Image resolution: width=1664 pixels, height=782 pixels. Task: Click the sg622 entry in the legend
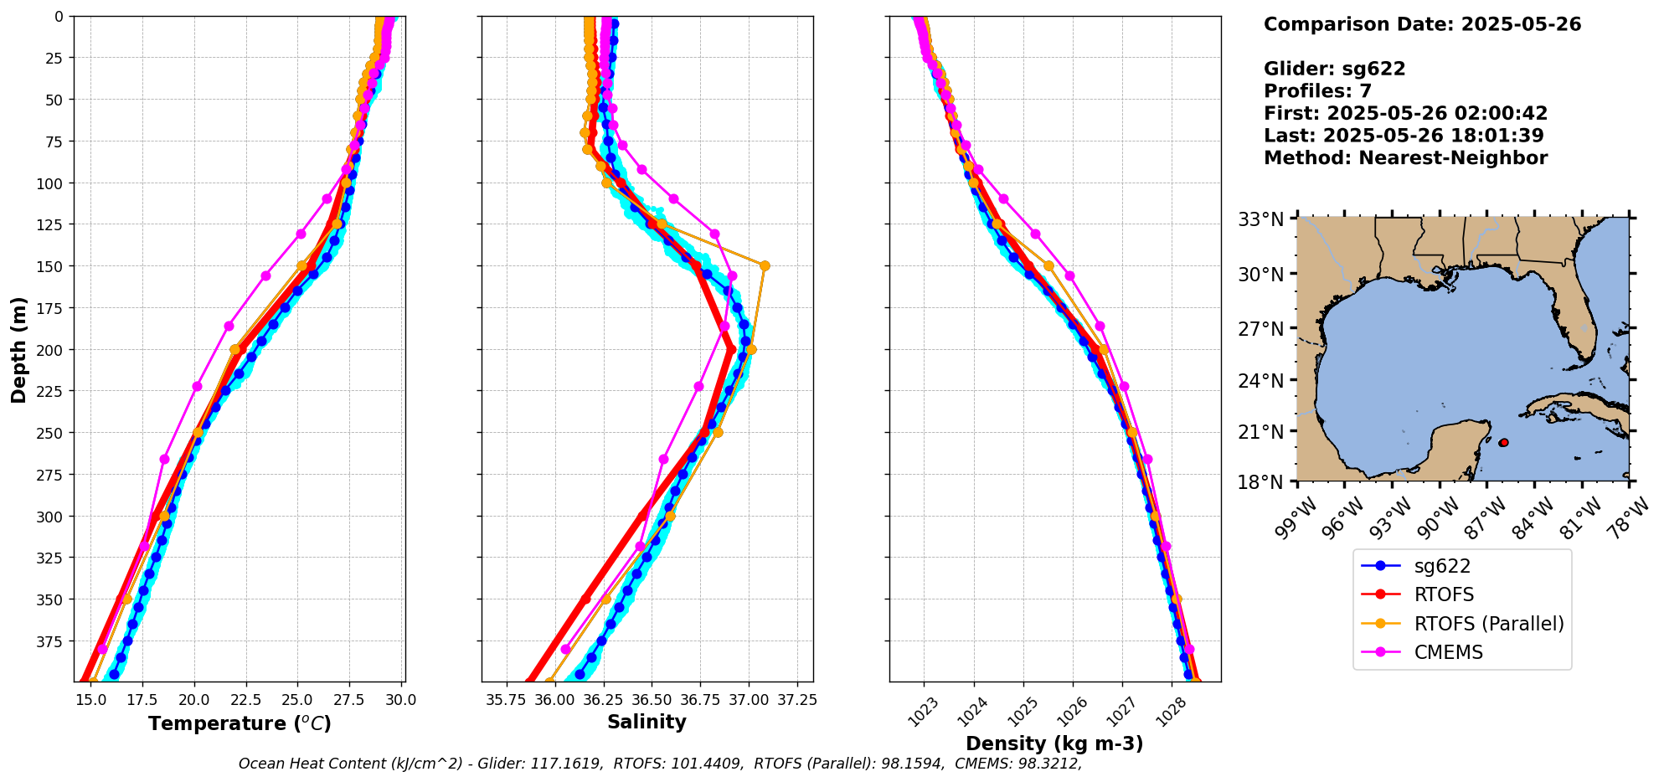[x=1441, y=566]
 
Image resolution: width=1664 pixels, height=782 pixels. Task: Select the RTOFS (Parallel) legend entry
[x=1488, y=624]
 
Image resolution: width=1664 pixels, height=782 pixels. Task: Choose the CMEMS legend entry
[x=1448, y=652]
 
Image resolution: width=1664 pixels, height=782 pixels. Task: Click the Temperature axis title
[x=240, y=723]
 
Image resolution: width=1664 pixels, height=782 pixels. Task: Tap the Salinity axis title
[x=647, y=722]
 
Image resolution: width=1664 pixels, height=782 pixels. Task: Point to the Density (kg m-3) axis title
[x=1054, y=743]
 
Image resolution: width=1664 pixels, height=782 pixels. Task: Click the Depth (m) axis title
[x=18, y=349]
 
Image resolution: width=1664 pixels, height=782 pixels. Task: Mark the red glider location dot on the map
[x=1503, y=442]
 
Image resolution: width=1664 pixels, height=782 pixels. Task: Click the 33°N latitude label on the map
[x=1260, y=219]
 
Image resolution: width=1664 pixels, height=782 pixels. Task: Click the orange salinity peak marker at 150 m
[x=764, y=266]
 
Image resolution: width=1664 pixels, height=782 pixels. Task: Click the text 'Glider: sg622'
[x=1334, y=69]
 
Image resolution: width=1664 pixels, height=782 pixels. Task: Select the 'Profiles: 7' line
[x=1317, y=91]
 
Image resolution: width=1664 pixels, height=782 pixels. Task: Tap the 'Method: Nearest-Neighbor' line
[x=1405, y=157]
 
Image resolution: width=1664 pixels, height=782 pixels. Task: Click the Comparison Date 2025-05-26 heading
[x=1422, y=24]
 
